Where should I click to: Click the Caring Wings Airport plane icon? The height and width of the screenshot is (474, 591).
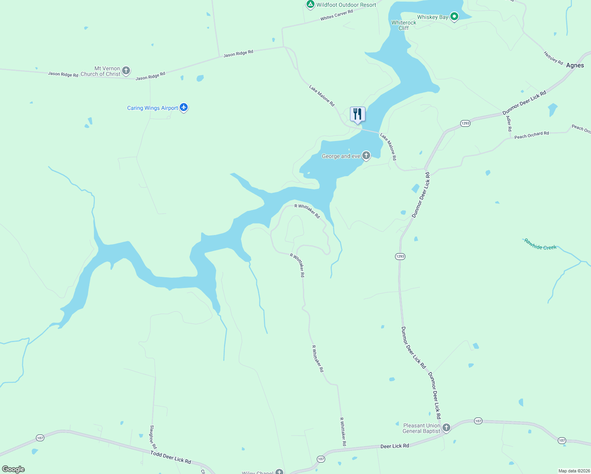pyautogui.click(x=183, y=107)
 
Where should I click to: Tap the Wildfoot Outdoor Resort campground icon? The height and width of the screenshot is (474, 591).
pyautogui.click(x=310, y=4)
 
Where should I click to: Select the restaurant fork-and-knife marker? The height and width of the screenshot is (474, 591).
pyautogui.click(x=358, y=114)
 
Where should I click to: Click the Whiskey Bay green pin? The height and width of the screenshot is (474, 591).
pyautogui.click(x=454, y=17)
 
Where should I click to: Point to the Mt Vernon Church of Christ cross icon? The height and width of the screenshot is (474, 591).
pyautogui.click(x=126, y=71)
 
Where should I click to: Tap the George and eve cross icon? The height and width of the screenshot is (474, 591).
pyautogui.click(x=366, y=156)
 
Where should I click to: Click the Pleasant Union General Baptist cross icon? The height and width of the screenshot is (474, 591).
pyautogui.click(x=446, y=428)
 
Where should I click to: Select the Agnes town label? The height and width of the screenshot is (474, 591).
pyautogui.click(x=575, y=65)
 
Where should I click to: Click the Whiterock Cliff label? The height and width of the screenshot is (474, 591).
pyautogui.click(x=404, y=25)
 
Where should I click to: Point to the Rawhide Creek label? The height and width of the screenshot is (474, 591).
pyautogui.click(x=540, y=244)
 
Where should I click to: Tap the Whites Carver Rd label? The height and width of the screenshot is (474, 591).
pyautogui.click(x=337, y=15)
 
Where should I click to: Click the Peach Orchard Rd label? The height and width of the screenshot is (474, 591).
pyautogui.click(x=531, y=135)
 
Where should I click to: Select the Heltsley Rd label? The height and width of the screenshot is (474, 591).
pyautogui.click(x=553, y=58)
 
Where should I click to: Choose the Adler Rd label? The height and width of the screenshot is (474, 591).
pyautogui.click(x=509, y=124)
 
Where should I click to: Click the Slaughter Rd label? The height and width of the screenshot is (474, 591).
pyautogui.click(x=153, y=437)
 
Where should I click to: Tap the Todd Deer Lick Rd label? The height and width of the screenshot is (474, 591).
pyautogui.click(x=171, y=457)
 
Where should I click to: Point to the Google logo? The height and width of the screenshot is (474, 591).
pyautogui.click(x=13, y=469)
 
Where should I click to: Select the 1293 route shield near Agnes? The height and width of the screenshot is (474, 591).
pyautogui.click(x=465, y=123)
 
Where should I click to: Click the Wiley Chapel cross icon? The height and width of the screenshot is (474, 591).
pyautogui.click(x=279, y=472)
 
